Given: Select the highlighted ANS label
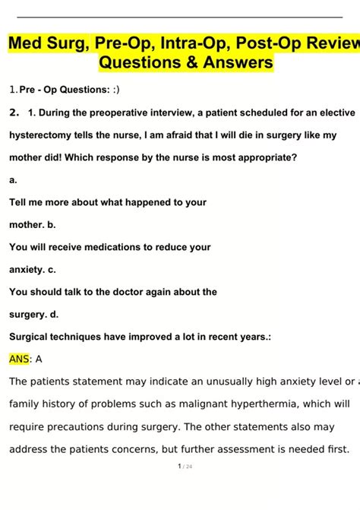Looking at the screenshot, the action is (x=18, y=359).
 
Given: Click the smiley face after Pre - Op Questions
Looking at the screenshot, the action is (x=115, y=90).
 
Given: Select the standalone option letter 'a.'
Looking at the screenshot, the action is (x=13, y=180).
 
